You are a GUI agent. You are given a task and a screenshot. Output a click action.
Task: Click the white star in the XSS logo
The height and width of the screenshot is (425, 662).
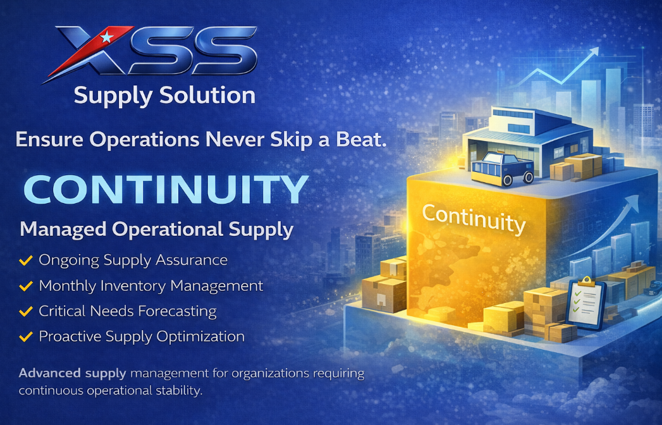pyautogui.click(x=106, y=37)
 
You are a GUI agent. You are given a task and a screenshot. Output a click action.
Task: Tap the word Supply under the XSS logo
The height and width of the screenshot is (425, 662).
pyautogui.click(x=113, y=96)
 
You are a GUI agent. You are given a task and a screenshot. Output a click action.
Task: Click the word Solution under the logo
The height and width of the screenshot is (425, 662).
pyautogui.click(x=207, y=95)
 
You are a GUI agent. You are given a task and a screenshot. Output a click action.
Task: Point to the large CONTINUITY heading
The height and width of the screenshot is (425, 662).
pyautogui.click(x=166, y=189)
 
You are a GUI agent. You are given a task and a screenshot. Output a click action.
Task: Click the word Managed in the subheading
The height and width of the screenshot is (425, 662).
pyautogui.click(x=63, y=230)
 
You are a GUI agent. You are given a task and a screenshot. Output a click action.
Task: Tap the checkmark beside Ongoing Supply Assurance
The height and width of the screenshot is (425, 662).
pyautogui.click(x=26, y=260)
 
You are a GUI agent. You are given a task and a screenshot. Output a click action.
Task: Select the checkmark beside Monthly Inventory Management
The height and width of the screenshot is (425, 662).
pyautogui.click(x=26, y=286)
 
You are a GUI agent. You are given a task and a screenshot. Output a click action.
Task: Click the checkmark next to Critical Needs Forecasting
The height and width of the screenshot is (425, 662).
pyautogui.click(x=26, y=311)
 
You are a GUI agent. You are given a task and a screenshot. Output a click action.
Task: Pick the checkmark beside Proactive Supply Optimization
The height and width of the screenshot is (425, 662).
pyautogui.click(x=26, y=336)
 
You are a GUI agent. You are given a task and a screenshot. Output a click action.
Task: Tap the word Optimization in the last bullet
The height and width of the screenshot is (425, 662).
pyautogui.click(x=200, y=336)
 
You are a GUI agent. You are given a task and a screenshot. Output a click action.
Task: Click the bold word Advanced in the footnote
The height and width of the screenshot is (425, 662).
pyautogui.click(x=50, y=373)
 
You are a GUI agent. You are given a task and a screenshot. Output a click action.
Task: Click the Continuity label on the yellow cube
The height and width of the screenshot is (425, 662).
pyautogui.click(x=474, y=218)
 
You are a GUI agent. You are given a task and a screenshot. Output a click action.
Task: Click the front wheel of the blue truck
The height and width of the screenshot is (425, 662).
pyautogui.click(x=507, y=180)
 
